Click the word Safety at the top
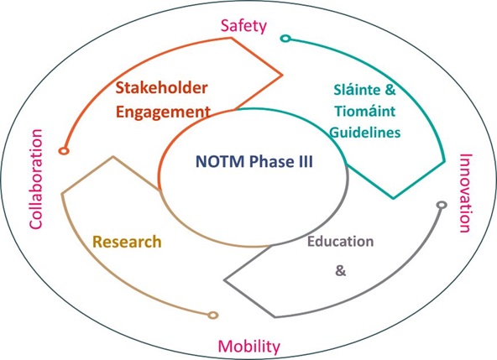pos(243,26)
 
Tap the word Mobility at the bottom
pos(249,347)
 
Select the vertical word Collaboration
pos(36,179)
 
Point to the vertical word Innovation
pos(466,193)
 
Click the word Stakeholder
pos(162,88)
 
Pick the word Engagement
pos(163,112)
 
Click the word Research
pos(127,242)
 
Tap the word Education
pos(340,242)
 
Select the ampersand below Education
pos(340,271)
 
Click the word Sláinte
pos(356,90)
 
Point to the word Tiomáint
pos(365,111)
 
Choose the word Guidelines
pos(365,132)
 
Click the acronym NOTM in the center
pos(220,161)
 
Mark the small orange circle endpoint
pos(64,151)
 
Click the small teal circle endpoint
pos(285,39)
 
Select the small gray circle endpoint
pos(442,205)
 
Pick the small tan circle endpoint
pos(213,315)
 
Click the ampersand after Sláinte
pos(390,90)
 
